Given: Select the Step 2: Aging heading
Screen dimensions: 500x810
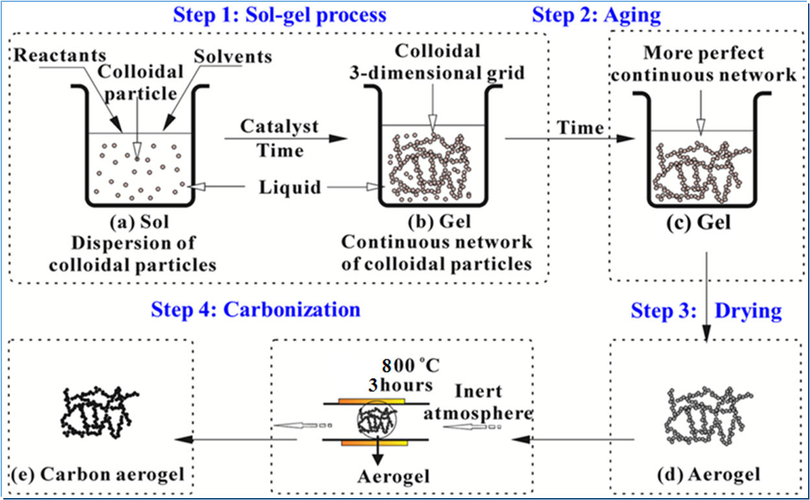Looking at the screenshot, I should [x=596, y=14].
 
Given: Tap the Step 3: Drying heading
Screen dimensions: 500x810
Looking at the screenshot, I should [x=706, y=311].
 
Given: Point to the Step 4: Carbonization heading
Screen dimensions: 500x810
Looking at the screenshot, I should [x=255, y=308].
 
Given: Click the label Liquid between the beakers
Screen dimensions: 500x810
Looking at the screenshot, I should [x=290, y=188].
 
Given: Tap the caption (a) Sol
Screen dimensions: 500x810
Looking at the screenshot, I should [x=140, y=223].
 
